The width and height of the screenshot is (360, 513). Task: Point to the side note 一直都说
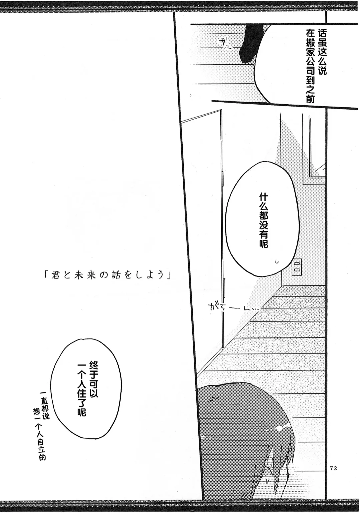pos(44,404)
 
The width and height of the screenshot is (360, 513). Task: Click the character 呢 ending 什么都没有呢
pos(263,244)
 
